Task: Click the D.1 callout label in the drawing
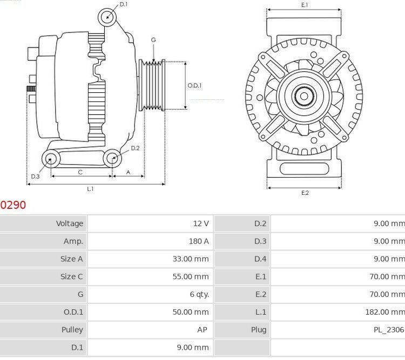pyautogui.click(x=124, y=4)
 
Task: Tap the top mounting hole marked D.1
pyautogui.click(x=107, y=17)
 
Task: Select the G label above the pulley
pyautogui.click(x=153, y=40)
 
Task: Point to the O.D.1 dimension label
pyautogui.click(x=194, y=85)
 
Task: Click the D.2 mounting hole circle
pyautogui.click(x=112, y=158)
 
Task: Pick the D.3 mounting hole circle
pyautogui.click(x=51, y=158)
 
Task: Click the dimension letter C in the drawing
pyautogui.click(x=80, y=172)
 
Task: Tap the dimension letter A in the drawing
pyautogui.click(x=128, y=172)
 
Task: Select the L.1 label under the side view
pyautogui.click(x=90, y=189)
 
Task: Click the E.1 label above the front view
pyautogui.click(x=305, y=5)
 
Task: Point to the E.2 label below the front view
pyautogui.click(x=305, y=193)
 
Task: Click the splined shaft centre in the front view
pyautogui.click(x=304, y=98)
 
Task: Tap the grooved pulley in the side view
pyautogui.click(x=152, y=85)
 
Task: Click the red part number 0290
pyautogui.click(x=13, y=205)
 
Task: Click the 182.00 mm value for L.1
pyautogui.click(x=384, y=312)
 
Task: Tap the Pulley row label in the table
pyautogui.click(x=72, y=330)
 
